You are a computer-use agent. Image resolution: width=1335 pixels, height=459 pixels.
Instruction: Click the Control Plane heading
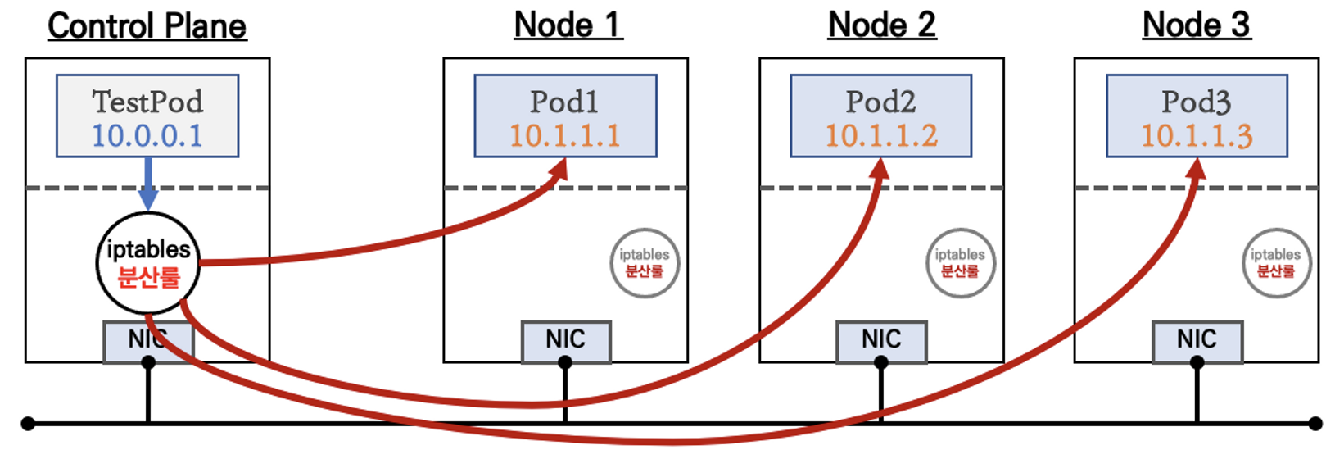click(x=147, y=26)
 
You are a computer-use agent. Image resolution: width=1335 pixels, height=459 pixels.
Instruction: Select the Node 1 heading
click(x=568, y=25)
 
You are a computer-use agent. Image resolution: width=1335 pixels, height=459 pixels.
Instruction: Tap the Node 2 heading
click(x=882, y=25)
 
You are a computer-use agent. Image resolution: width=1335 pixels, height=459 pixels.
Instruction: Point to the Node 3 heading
click(x=1197, y=25)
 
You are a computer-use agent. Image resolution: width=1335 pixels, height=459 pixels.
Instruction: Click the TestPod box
click(x=147, y=115)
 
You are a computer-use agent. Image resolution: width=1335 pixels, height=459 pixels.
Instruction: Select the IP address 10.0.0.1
click(x=147, y=135)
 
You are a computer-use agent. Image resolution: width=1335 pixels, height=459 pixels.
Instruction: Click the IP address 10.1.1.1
click(x=565, y=135)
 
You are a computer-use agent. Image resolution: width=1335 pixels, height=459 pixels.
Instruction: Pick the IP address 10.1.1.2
click(x=881, y=135)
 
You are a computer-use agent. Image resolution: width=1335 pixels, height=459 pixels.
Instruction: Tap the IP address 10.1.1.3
click(x=1197, y=135)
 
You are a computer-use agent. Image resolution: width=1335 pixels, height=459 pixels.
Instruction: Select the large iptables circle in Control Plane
click(x=148, y=263)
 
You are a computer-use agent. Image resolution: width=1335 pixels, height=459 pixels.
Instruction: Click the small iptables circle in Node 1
click(x=645, y=263)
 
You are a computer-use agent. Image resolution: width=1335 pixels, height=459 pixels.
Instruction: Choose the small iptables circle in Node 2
click(x=960, y=263)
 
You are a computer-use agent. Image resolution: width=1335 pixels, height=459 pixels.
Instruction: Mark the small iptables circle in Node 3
click(x=1276, y=263)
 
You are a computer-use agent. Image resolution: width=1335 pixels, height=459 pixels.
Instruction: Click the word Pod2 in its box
click(x=881, y=102)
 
